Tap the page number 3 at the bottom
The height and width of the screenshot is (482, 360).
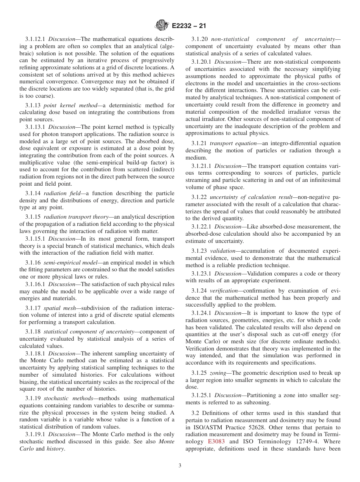[x=180, y=466]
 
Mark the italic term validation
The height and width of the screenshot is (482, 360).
[x=222, y=251]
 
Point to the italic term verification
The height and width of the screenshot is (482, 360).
[x=224, y=291]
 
